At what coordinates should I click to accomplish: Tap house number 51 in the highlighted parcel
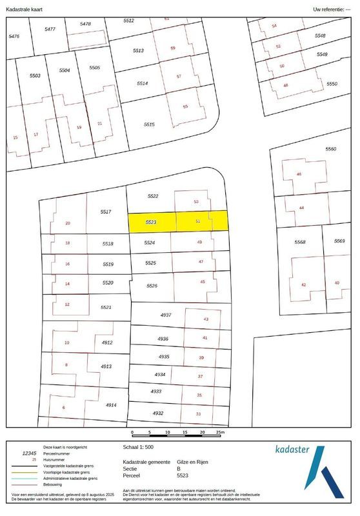[x=198, y=221]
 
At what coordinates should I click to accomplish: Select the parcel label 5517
[x=106, y=212]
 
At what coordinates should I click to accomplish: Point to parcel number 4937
[x=166, y=315]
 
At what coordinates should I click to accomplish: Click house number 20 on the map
[x=68, y=224]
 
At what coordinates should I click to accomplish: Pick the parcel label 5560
[x=331, y=149]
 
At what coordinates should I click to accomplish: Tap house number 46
[x=298, y=175]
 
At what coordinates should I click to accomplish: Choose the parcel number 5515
[x=149, y=124]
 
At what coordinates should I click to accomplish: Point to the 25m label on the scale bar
[x=220, y=432]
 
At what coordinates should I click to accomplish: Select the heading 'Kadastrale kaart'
[x=25, y=10]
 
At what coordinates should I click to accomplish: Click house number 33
[x=199, y=414]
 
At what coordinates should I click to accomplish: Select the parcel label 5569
[x=339, y=241]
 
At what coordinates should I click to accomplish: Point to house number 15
[x=15, y=137]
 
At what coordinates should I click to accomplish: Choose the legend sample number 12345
[x=30, y=453]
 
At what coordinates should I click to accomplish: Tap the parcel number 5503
[x=35, y=76]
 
